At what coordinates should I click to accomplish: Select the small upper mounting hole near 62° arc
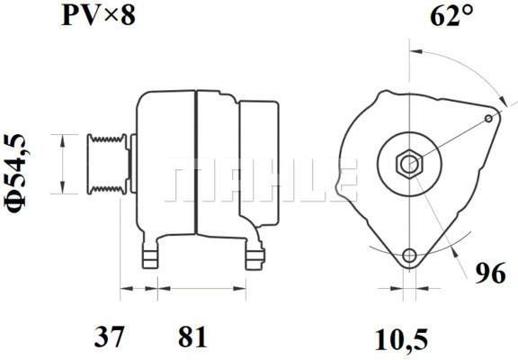tap(488, 118)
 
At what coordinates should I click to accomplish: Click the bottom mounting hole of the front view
tap(409, 256)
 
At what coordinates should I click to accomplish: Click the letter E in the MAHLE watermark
tap(344, 180)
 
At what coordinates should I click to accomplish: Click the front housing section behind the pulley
tap(166, 166)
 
